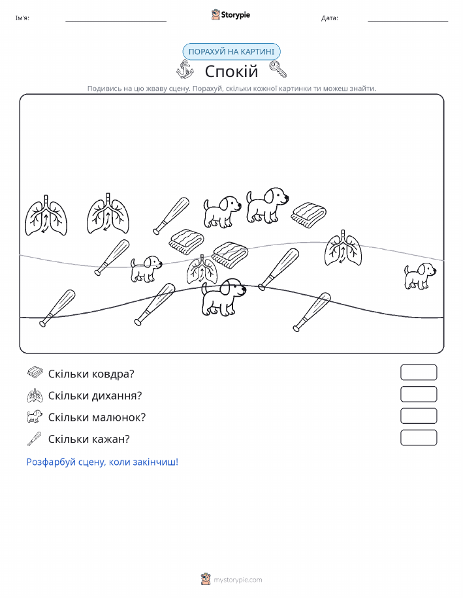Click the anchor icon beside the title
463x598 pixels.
185,69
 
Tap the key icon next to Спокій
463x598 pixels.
278,69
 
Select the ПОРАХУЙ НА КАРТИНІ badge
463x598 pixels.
231,52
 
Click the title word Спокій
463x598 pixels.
231,71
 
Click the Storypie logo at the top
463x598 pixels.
231,15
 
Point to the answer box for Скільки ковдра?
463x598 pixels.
419,372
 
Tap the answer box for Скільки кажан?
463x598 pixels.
419,438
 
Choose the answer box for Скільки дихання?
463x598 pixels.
419,395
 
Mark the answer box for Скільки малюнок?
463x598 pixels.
419,416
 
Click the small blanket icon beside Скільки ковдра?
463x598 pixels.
35,372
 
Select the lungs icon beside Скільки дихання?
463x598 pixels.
35,395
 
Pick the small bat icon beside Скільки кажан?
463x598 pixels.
35,439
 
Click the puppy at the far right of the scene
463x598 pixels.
420,276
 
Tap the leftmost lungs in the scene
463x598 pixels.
46,215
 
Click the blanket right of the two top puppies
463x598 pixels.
309,215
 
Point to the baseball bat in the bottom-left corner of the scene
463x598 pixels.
57,308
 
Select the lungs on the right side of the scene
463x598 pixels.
343,248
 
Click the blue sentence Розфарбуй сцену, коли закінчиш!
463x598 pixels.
103,462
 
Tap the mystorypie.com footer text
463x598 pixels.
238,580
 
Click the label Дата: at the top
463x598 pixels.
330,18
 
